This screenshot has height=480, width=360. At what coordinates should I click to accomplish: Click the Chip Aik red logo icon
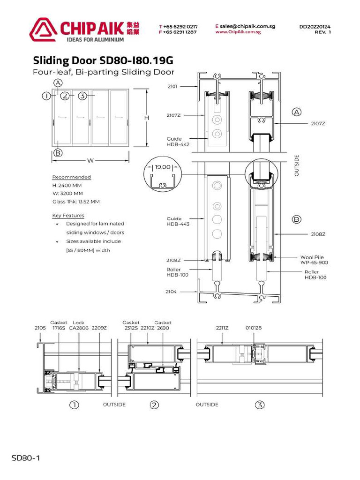click(x=43, y=29)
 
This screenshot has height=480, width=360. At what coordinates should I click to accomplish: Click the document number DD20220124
click(x=315, y=27)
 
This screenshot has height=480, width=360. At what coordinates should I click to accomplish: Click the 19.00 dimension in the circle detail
click(x=163, y=167)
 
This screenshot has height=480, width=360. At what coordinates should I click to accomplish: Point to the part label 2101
click(x=172, y=86)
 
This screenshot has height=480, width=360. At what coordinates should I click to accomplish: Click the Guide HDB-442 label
click(x=178, y=142)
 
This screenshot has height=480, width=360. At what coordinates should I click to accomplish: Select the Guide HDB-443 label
click(x=178, y=221)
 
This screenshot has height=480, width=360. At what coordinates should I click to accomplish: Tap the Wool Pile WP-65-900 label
click(x=314, y=260)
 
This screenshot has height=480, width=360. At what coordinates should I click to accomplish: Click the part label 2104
click(x=171, y=291)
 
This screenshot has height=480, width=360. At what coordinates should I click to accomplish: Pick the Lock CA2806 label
click(x=78, y=325)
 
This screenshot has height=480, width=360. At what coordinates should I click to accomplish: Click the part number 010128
click(x=253, y=328)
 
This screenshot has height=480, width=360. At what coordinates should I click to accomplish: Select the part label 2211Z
click(x=222, y=328)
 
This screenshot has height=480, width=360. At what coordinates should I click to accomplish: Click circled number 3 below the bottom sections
click(x=260, y=405)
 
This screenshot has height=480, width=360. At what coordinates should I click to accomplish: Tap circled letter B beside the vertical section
click(x=296, y=219)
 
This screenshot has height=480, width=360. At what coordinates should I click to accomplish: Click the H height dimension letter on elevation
click(x=146, y=118)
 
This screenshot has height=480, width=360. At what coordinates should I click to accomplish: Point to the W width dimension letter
click(x=90, y=161)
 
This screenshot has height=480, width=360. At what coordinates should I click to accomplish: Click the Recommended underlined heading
click(x=71, y=177)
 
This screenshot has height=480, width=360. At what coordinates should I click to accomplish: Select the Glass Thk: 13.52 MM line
click(x=76, y=202)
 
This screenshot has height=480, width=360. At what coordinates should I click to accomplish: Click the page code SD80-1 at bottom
click(x=26, y=457)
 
